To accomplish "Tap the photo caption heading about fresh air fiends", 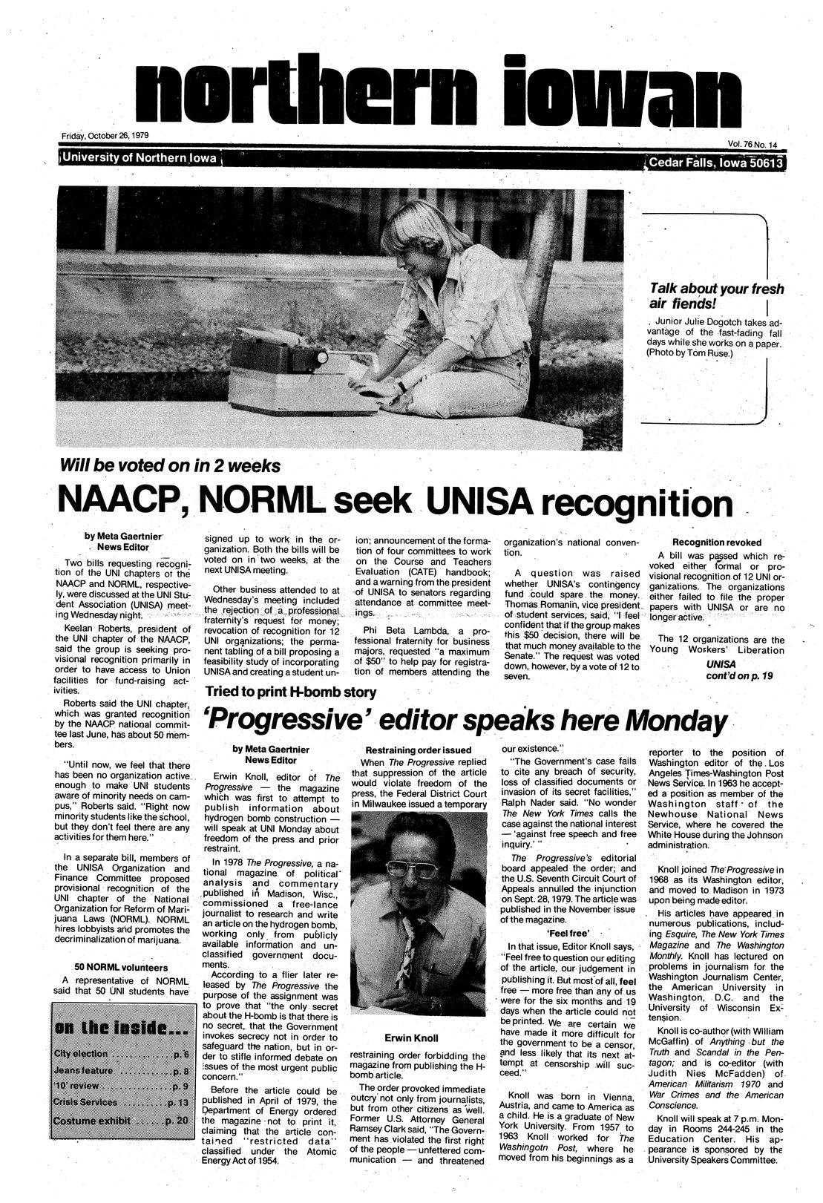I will click(715, 296).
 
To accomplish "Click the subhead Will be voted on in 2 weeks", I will click(171, 467).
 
